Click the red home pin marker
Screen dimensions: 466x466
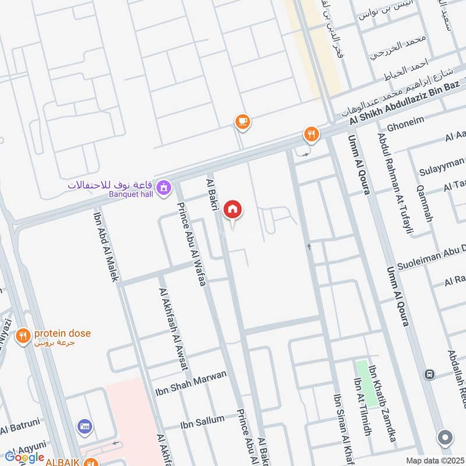[233, 210]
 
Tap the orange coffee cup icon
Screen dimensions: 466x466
[242, 121]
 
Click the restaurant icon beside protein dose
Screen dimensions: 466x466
[23, 336]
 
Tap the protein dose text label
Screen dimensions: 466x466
[62, 334]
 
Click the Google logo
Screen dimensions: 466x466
[24, 457]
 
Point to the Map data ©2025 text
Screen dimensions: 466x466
[433, 460]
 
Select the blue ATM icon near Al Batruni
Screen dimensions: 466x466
[85, 427]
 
